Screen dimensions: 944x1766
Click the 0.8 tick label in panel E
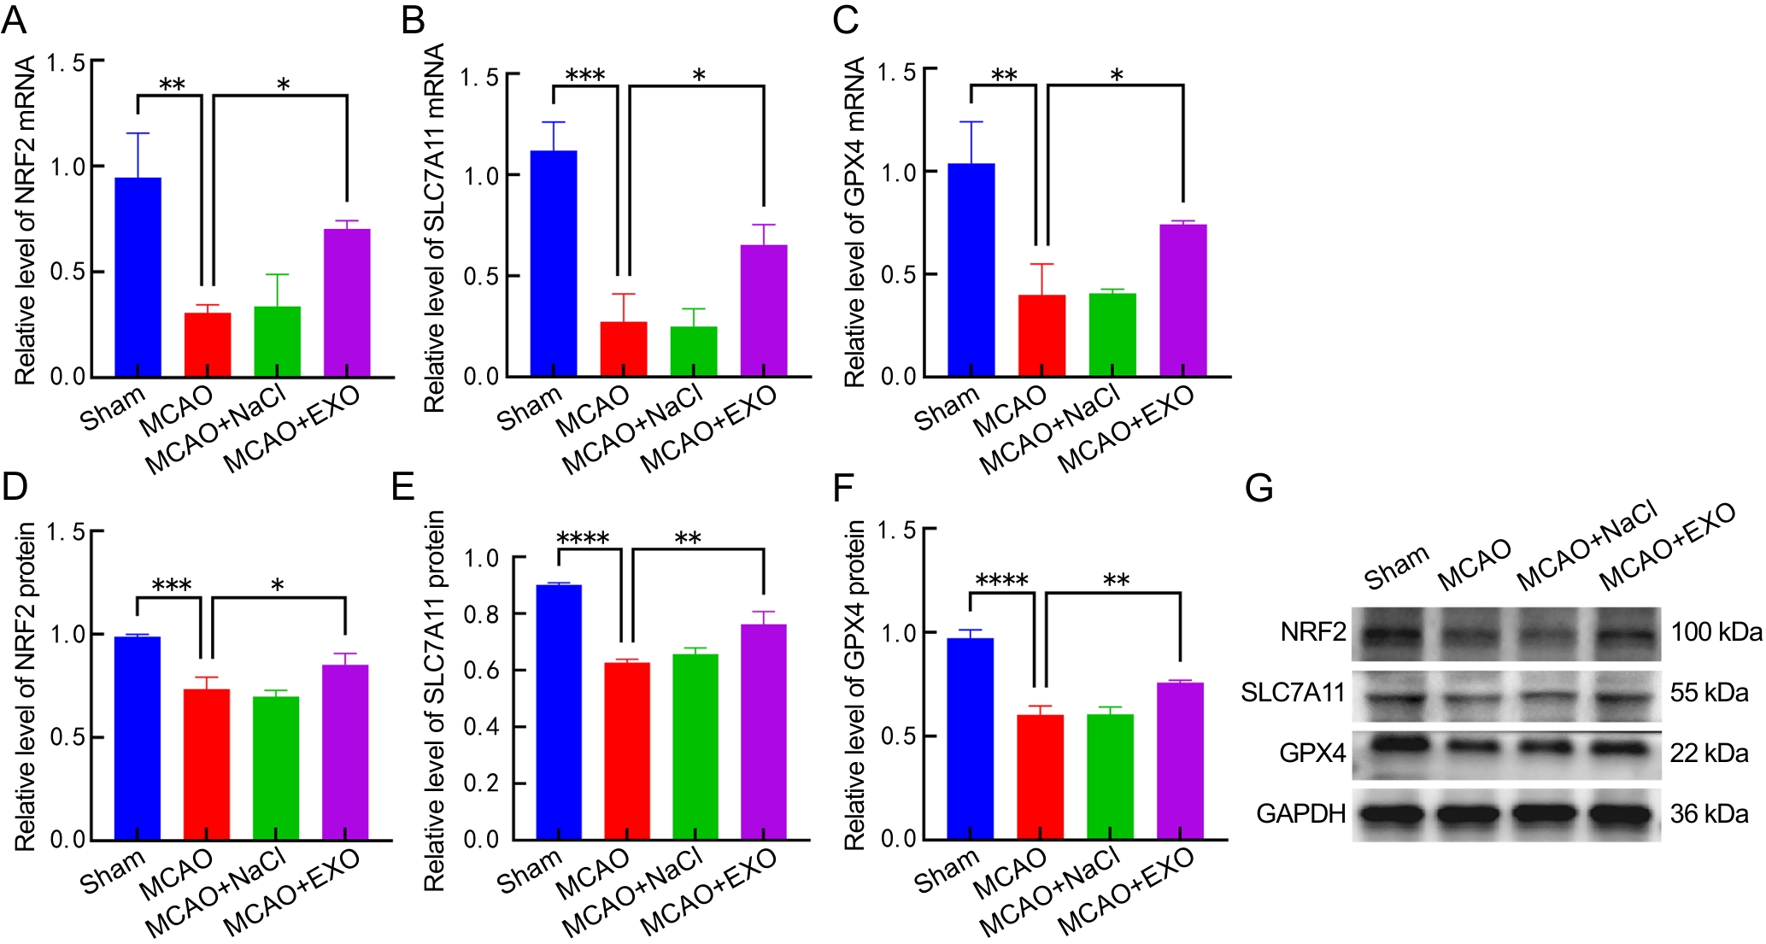tap(481, 614)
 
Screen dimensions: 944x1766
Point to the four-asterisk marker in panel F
tap(1001, 581)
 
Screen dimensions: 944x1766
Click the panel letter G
tap(1259, 489)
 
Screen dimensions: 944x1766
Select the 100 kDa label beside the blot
tap(1716, 632)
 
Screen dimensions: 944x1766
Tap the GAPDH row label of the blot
tap(1300, 813)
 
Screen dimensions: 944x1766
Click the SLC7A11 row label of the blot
tap(1293, 692)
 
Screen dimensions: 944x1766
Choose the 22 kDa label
tap(1709, 753)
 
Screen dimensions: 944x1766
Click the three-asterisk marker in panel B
tap(585, 75)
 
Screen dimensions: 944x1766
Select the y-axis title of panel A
tap(26, 220)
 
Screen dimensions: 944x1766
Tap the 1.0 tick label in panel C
tap(898, 173)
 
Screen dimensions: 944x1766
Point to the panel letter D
tap(15, 487)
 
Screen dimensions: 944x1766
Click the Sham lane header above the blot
tap(1396, 568)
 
